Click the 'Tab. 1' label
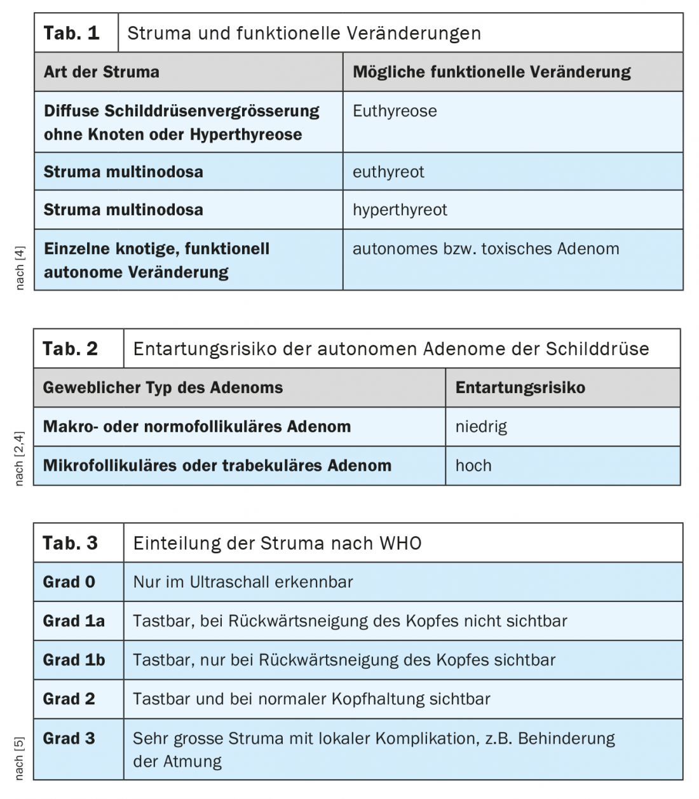coord(71,33)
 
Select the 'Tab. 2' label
coord(70,349)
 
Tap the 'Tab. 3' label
coord(70,543)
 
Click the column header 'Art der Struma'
coord(102,72)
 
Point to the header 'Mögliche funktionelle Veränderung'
coord(491,72)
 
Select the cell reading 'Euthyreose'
coord(395,111)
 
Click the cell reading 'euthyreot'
coord(388,172)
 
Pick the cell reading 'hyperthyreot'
coord(400,210)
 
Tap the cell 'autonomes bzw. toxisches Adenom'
coord(485,249)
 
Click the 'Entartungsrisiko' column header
coord(520,388)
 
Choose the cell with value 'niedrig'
coord(481,427)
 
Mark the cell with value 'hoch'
coord(473,466)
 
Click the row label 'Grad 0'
coord(69,582)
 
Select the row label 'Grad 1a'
coord(74,621)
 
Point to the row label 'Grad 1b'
coord(74,660)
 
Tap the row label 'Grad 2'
coord(69,699)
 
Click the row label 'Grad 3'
coord(69,739)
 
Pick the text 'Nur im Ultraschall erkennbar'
coord(243,582)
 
